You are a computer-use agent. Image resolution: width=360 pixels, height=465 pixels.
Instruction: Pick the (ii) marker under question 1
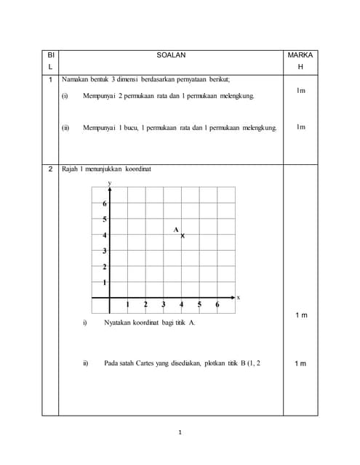click(x=65, y=128)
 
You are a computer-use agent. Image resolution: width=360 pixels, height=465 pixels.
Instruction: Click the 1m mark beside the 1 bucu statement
click(x=300, y=127)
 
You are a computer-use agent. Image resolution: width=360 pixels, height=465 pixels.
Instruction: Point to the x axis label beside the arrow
click(x=238, y=297)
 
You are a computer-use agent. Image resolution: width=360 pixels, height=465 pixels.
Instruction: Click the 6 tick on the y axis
click(x=105, y=203)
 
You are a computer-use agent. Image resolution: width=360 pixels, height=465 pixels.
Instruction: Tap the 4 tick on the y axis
click(x=105, y=235)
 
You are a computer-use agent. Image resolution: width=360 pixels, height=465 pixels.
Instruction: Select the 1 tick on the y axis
click(x=105, y=282)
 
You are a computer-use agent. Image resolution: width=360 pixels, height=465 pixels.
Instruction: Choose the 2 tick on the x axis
click(x=145, y=304)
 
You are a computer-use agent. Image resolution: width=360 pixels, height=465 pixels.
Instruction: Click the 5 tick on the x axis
click(x=199, y=304)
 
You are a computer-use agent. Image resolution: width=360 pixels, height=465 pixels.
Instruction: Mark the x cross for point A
click(x=182, y=235)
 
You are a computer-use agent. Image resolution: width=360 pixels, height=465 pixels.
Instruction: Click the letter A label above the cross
click(x=175, y=230)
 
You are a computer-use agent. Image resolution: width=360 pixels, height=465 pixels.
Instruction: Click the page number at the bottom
click(x=180, y=432)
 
